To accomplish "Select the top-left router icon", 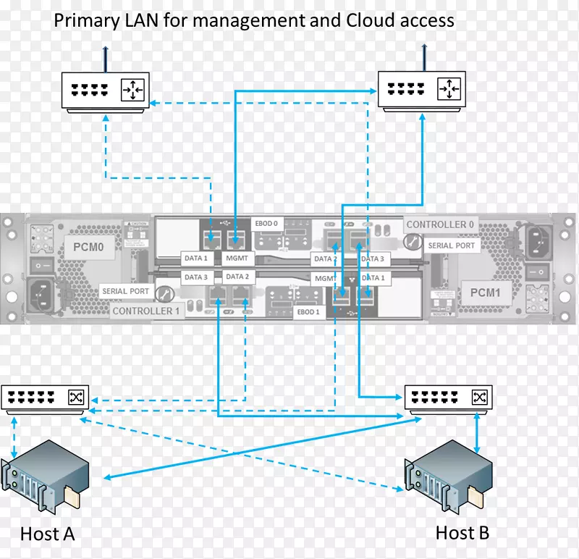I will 106,91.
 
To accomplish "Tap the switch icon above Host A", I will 46,398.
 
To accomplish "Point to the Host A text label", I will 48,534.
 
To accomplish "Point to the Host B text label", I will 462,533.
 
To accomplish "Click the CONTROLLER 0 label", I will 440,224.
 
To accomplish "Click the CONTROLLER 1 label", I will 145,311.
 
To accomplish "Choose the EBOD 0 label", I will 266,224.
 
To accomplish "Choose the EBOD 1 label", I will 308,312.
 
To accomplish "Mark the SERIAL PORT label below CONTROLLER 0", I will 451,245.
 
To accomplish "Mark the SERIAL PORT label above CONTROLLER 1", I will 125,291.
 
